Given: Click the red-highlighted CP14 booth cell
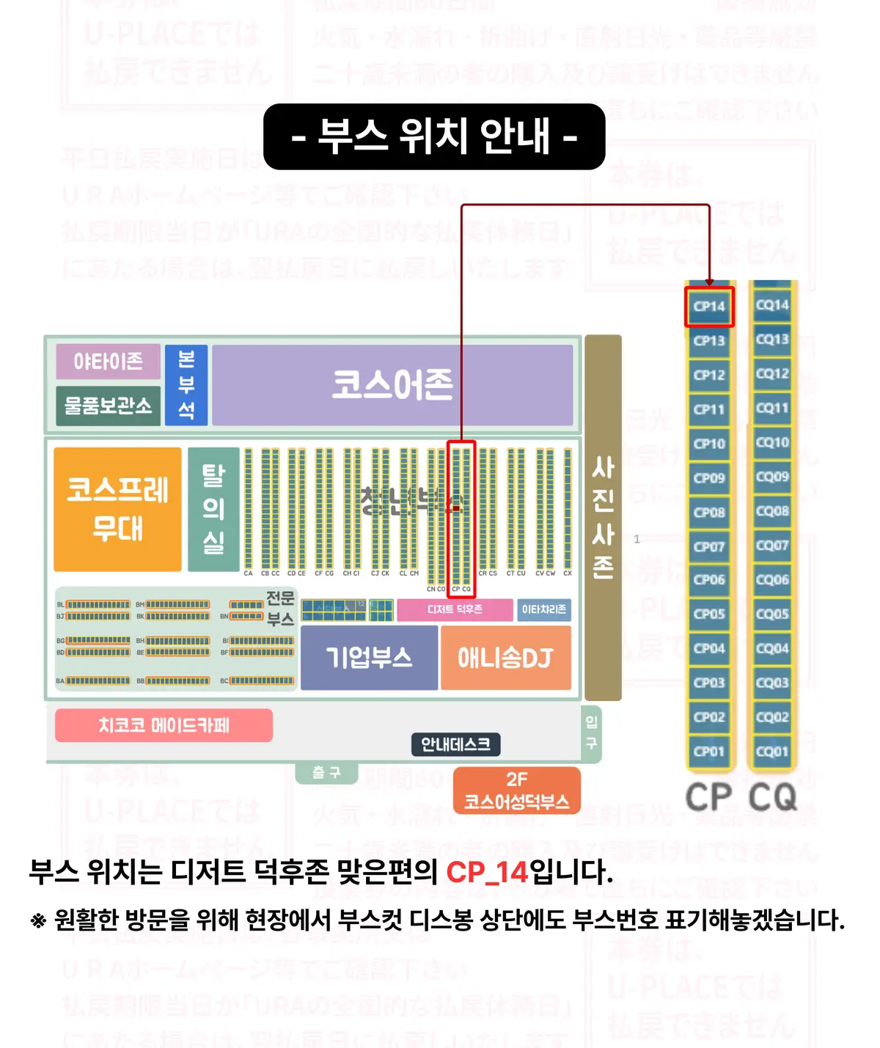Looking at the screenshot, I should click(709, 307).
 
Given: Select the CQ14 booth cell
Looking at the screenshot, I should click(772, 305).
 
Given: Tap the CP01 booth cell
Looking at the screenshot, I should click(709, 752).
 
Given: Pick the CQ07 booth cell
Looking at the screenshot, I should click(772, 546).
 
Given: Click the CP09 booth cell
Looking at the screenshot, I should click(709, 478).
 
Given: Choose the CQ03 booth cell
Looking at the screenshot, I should click(772, 683).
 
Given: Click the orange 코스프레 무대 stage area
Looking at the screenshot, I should click(117, 509).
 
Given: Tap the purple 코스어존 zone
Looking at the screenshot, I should click(392, 385).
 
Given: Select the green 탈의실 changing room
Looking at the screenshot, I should click(213, 509).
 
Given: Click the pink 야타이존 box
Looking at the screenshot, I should click(108, 361).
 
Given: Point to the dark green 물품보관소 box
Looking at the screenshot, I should click(108, 406).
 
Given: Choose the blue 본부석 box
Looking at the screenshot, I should click(186, 385).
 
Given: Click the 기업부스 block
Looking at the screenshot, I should click(369, 658).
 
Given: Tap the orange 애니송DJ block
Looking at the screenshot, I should click(505, 658).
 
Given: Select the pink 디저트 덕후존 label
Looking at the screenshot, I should click(455, 609).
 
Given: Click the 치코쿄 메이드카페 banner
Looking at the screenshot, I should click(164, 725).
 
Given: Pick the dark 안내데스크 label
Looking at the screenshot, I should click(455, 744).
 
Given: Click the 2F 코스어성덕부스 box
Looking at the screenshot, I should click(516, 791).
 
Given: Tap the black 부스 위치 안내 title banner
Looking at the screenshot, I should click(434, 136).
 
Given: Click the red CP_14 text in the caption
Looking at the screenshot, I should click(487, 872).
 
